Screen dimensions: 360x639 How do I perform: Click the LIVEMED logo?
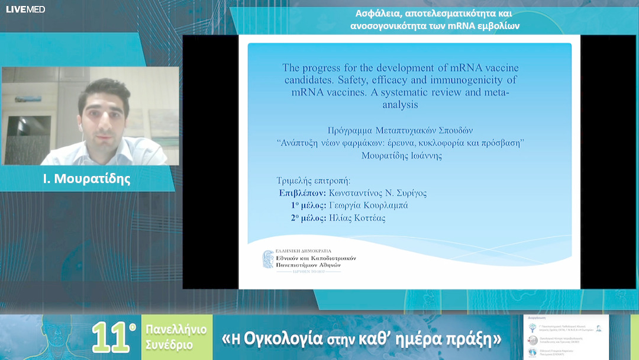[x=25, y=9]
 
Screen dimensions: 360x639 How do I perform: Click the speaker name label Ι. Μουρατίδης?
[x=87, y=179]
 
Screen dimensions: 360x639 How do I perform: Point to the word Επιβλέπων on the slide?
[x=303, y=193]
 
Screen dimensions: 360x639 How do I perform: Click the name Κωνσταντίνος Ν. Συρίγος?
[x=378, y=193]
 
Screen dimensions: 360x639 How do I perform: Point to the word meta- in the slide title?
[x=496, y=92]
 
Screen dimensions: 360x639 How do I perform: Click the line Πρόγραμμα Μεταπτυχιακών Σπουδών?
[x=401, y=130]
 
